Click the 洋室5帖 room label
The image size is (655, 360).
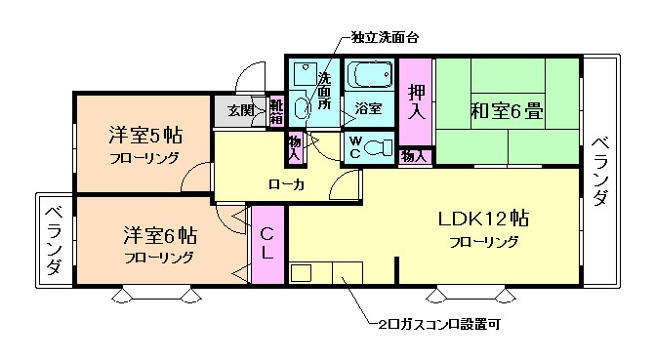[143, 135]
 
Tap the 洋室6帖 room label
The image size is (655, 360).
[159, 235]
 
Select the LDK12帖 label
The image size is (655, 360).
[483, 218]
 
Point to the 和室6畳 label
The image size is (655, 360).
[508, 110]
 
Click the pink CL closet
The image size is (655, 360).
[266, 244]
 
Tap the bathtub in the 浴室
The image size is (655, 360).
[370, 76]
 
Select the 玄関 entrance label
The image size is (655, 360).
[240, 110]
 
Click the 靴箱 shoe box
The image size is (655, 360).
[276, 111]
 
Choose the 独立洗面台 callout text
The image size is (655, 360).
[386, 39]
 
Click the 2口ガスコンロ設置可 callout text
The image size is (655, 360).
[440, 323]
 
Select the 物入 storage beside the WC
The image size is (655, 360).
[414, 155]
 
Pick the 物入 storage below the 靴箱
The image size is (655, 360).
[294, 146]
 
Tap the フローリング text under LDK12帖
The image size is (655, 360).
[484, 241]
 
